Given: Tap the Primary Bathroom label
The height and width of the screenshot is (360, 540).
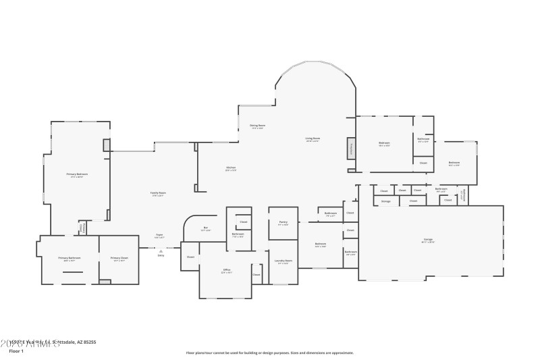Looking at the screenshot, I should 69,257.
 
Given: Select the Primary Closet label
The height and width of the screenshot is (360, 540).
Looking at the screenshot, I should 119,257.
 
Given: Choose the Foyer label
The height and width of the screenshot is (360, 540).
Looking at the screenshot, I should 159,235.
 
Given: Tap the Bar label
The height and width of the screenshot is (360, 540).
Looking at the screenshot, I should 205,228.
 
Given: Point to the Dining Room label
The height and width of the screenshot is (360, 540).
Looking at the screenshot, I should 257,125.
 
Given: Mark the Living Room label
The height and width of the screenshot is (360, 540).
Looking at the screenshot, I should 313,138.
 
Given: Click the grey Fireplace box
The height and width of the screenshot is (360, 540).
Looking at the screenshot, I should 351,149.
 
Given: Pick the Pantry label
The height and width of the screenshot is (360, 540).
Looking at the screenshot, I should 283,222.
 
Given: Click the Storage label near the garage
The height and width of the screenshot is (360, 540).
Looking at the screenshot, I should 385,201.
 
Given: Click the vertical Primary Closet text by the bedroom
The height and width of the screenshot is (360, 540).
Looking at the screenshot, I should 83,228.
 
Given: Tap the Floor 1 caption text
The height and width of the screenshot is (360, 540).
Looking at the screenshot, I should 16,351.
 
